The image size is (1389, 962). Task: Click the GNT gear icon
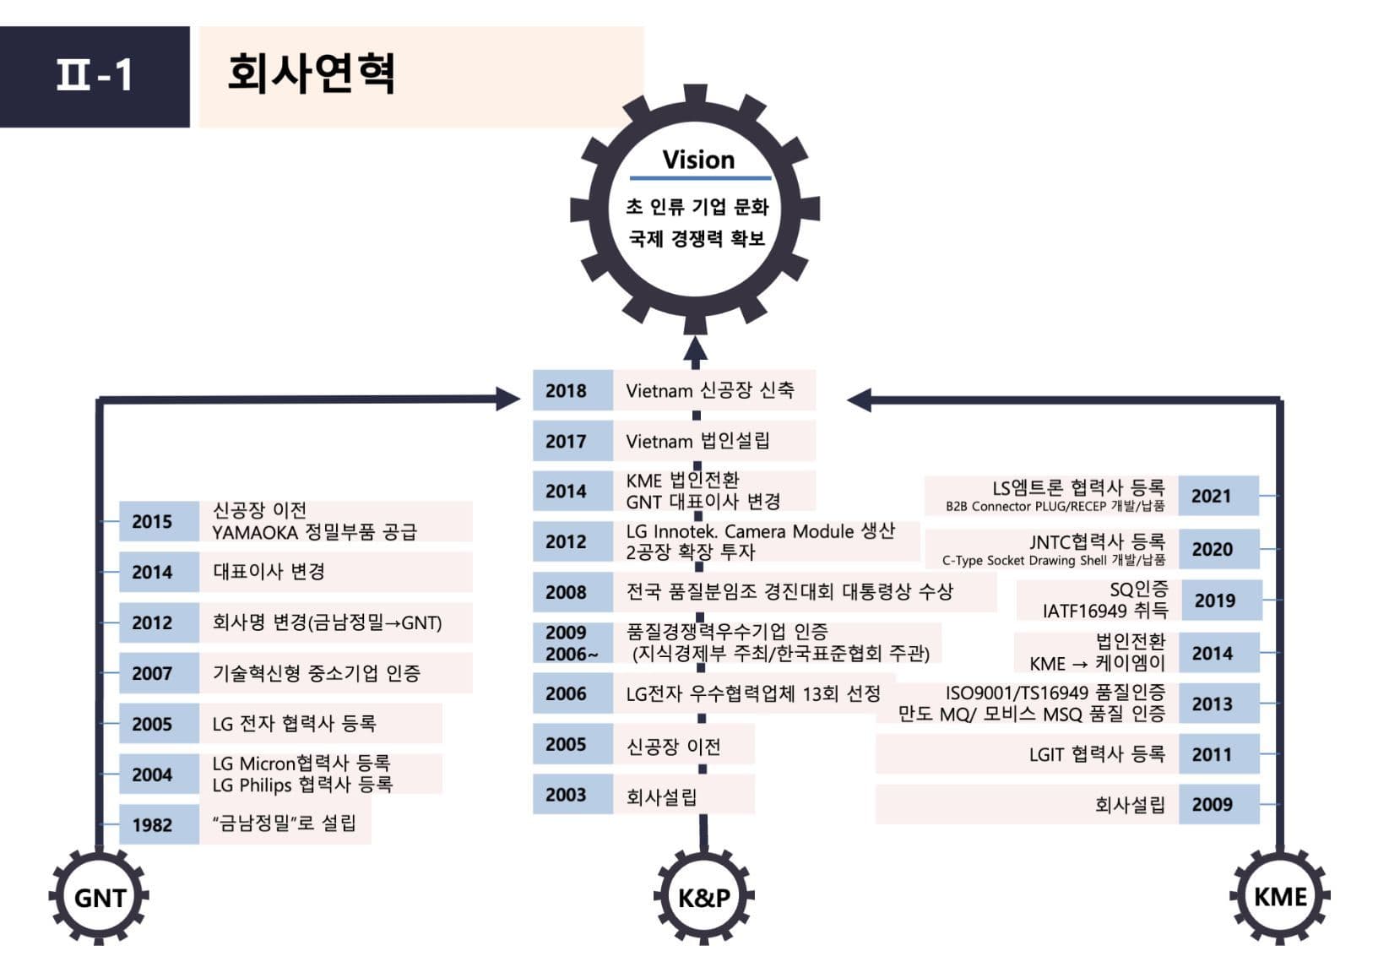tap(99, 897)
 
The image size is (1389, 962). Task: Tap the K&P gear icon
tap(704, 897)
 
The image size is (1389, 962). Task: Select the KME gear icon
tap(1280, 897)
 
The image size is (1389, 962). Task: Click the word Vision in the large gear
tap(699, 160)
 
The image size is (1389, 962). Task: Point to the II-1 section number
tap(95, 76)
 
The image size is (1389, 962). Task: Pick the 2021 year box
tap(1218, 496)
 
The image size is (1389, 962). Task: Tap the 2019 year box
tap(1222, 600)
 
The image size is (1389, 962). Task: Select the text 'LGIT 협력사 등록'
tap(1097, 754)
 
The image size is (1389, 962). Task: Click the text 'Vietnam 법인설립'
tap(697, 441)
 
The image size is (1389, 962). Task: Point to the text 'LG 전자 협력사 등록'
tap(295, 723)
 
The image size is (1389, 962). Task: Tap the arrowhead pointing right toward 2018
tap(507, 399)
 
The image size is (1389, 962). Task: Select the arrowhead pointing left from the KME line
tap(859, 400)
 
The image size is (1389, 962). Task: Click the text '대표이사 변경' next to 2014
tap(269, 571)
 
